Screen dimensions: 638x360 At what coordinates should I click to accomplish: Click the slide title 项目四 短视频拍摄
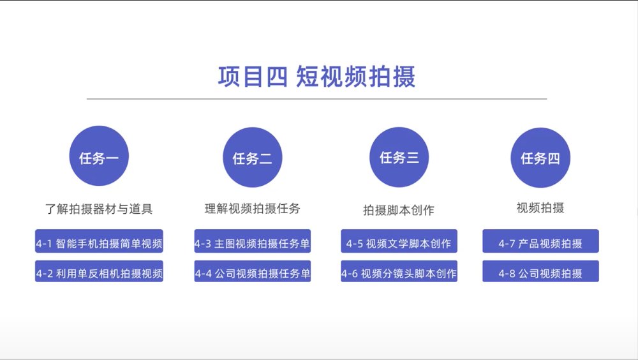click(x=316, y=77)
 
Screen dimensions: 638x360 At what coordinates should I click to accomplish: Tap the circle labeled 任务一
click(x=99, y=156)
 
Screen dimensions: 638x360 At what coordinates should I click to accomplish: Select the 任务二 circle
click(x=252, y=157)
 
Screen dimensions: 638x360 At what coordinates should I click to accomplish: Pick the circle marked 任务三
click(x=399, y=157)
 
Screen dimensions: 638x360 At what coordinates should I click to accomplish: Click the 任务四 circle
click(x=540, y=158)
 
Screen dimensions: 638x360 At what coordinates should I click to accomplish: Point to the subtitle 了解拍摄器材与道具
click(x=99, y=209)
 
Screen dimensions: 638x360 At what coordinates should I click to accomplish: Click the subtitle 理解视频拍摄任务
click(x=252, y=209)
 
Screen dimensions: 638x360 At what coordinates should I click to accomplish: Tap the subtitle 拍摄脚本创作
click(x=399, y=210)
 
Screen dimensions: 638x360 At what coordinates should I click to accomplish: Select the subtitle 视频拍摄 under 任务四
click(x=540, y=207)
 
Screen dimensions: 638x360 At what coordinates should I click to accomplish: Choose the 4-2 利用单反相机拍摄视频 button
click(x=99, y=271)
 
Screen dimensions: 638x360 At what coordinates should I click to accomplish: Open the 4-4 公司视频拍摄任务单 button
click(x=252, y=271)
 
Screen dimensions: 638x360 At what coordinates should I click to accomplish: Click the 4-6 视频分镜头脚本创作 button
click(x=399, y=271)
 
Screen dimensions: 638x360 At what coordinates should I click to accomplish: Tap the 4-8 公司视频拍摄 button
click(x=541, y=271)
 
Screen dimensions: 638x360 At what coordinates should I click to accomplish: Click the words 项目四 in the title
click(x=253, y=77)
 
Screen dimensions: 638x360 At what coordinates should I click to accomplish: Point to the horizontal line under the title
click(x=316, y=98)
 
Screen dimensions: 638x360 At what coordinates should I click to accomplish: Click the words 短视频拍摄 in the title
click(x=355, y=77)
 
